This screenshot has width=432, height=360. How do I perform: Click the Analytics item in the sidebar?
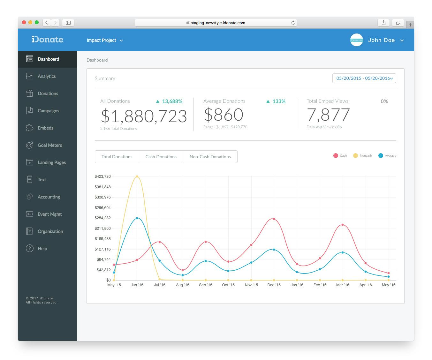[x=46, y=76]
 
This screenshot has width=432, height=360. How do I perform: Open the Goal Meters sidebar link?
[x=49, y=145]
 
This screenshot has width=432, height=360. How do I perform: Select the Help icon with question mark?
[x=30, y=249]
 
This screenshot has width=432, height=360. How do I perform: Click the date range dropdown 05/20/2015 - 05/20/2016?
[x=364, y=78]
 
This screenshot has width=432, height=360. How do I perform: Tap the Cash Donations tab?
[x=161, y=157]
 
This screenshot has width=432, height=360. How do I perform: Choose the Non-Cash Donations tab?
[x=210, y=157]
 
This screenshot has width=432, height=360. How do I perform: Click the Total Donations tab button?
[x=117, y=157]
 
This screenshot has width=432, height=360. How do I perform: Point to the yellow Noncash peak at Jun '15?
[x=137, y=176]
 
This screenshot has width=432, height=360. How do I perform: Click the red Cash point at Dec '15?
[x=274, y=219]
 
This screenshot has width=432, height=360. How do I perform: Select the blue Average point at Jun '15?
[x=137, y=218]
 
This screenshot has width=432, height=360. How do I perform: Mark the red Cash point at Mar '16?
[x=343, y=225]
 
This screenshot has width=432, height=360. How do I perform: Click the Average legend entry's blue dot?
[x=381, y=156]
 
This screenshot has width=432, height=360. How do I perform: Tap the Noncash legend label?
[x=366, y=156]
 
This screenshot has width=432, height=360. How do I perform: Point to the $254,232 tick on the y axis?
[x=103, y=218]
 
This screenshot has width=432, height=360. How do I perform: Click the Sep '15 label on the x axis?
[x=206, y=285]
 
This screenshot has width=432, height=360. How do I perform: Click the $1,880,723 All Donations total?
[x=144, y=116]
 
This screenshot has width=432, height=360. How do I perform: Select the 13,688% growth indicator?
[x=169, y=101]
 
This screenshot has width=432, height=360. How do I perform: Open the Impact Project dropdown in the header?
[x=105, y=40]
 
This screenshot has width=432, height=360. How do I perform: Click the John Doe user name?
[x=381, y=40]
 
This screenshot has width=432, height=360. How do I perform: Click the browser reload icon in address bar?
[x=293, y=23]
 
